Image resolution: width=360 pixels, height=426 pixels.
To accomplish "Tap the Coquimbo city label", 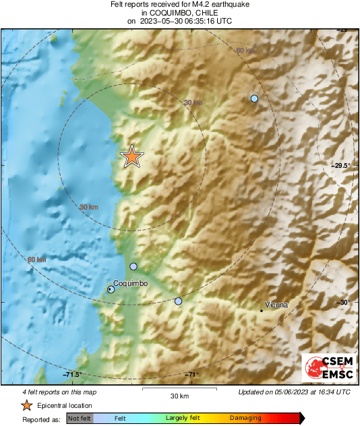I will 130,284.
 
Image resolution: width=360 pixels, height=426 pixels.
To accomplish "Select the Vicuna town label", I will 276,305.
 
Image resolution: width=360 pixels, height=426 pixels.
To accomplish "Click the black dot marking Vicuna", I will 262,311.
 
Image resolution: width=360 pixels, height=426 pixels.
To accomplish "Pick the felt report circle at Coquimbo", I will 111,289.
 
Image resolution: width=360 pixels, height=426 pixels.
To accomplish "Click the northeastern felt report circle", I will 254,98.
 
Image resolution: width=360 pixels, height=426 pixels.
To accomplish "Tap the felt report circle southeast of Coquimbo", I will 178,301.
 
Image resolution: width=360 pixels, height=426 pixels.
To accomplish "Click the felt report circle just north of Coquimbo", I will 133,266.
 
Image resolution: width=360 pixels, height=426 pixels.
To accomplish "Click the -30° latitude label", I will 344,302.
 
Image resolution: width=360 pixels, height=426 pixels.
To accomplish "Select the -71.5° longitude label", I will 71,375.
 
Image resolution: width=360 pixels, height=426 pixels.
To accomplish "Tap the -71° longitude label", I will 192,375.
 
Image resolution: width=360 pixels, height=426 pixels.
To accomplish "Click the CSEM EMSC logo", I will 326,369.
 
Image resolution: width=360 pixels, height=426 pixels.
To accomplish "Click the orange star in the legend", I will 26,405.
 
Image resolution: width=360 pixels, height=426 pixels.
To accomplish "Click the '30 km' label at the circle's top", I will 193,102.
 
